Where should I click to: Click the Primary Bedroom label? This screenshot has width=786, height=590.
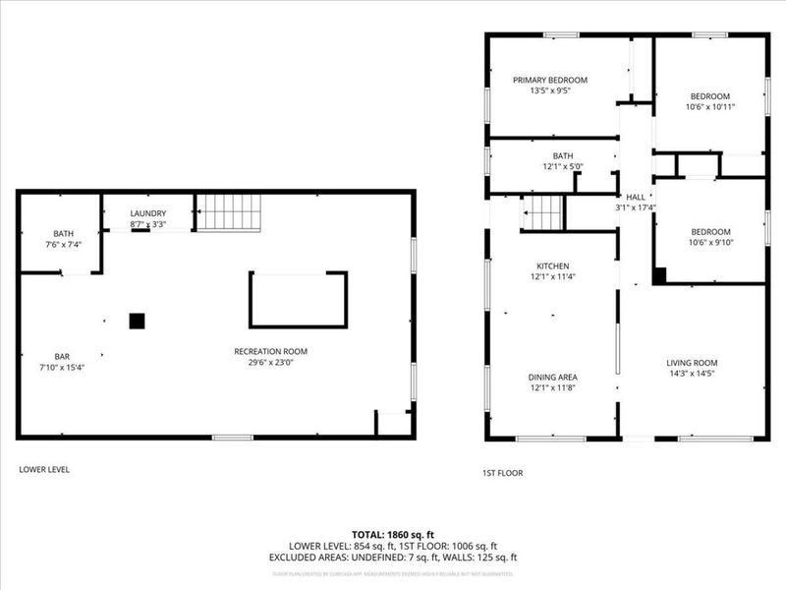point(549,80)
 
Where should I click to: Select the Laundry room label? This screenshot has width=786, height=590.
point(148,213)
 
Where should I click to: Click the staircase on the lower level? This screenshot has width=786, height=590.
point(228,211)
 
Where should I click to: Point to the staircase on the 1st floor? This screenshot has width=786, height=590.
point(543,211)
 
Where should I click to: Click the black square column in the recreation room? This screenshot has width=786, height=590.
point(138,320)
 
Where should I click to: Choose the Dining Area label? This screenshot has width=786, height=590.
point(551,377)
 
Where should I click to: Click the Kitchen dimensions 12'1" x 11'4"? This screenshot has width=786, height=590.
point(551,277)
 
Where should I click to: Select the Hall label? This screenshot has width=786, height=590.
point(636,197)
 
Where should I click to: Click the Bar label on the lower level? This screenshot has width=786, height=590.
point(62,356)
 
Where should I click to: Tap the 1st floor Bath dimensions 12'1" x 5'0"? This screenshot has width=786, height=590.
point(562,166)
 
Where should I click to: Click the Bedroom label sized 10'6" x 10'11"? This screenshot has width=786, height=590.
point(709,95)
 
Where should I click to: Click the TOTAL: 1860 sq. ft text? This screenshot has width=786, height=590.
point(393,534)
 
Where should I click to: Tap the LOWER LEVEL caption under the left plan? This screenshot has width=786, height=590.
point(44,469)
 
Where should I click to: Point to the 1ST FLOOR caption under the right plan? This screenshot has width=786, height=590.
point(503,473)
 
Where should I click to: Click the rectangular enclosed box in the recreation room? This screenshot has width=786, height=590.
point(298,300)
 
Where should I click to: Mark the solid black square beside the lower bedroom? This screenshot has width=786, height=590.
point(659,275)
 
